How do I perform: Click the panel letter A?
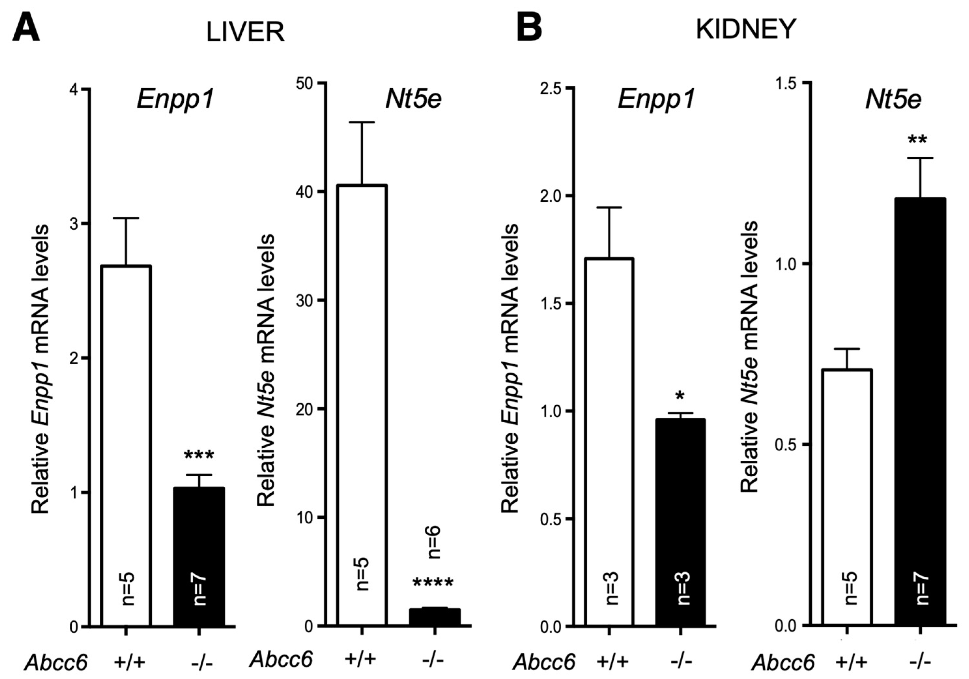26,26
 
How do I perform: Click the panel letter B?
529,26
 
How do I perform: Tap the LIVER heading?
245,32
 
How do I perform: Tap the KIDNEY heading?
746,30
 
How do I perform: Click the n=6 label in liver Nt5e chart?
434,542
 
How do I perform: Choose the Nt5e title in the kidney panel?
893,100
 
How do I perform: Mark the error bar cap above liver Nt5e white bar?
362,123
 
